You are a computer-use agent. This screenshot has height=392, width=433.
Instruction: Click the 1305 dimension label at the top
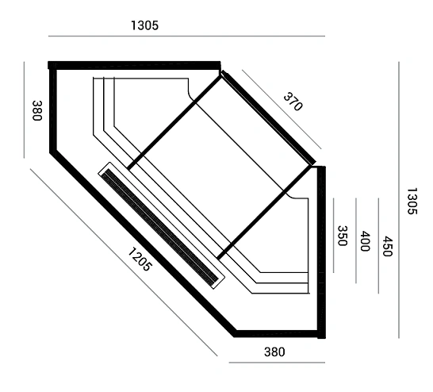coord(144,25)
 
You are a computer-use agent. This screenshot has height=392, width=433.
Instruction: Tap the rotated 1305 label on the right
coord(412,201)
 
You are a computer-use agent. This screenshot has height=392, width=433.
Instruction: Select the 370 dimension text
coord(293,102)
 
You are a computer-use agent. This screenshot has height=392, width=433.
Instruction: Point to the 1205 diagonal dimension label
coord(140,259)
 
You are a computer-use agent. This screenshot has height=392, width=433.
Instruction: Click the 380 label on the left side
coord(37,110)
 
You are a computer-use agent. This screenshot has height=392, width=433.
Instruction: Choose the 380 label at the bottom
coord(274,352)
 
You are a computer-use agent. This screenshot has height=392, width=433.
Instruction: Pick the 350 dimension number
coord(343,236)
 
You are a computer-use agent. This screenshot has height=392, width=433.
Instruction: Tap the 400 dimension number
coord(365,241)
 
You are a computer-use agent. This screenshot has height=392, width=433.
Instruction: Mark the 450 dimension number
coord(388,246)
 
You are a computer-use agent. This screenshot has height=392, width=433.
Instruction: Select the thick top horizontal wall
coord(135,66)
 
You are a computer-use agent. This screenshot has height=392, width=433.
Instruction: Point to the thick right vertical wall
coord(321,252)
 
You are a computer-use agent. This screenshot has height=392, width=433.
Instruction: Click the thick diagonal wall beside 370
coord(268,117)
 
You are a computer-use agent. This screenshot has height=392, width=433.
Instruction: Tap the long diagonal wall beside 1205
coord(144,243)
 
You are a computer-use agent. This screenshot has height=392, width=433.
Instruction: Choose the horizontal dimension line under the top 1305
coord(186,36)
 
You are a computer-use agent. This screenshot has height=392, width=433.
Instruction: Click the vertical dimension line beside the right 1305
coord(399,200)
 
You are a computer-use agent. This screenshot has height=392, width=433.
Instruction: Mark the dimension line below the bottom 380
coord(277,363)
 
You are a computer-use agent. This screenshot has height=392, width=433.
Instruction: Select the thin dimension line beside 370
coord(282,110)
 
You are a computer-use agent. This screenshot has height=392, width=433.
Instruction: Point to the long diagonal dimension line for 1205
coord(124,263)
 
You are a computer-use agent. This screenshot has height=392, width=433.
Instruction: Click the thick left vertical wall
coord(53,110)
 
